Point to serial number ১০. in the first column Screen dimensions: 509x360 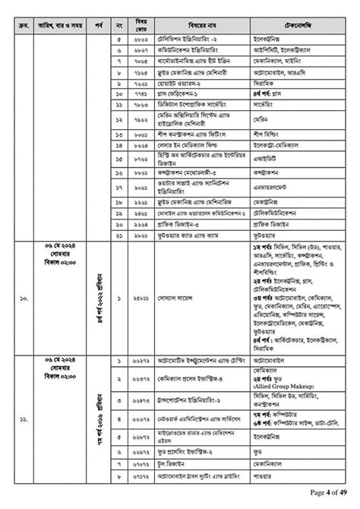point(25,299)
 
